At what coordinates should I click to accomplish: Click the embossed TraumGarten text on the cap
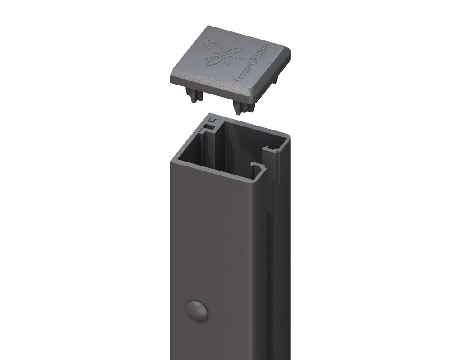click(252, 63)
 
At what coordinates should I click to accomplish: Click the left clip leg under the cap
click(191, 95)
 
